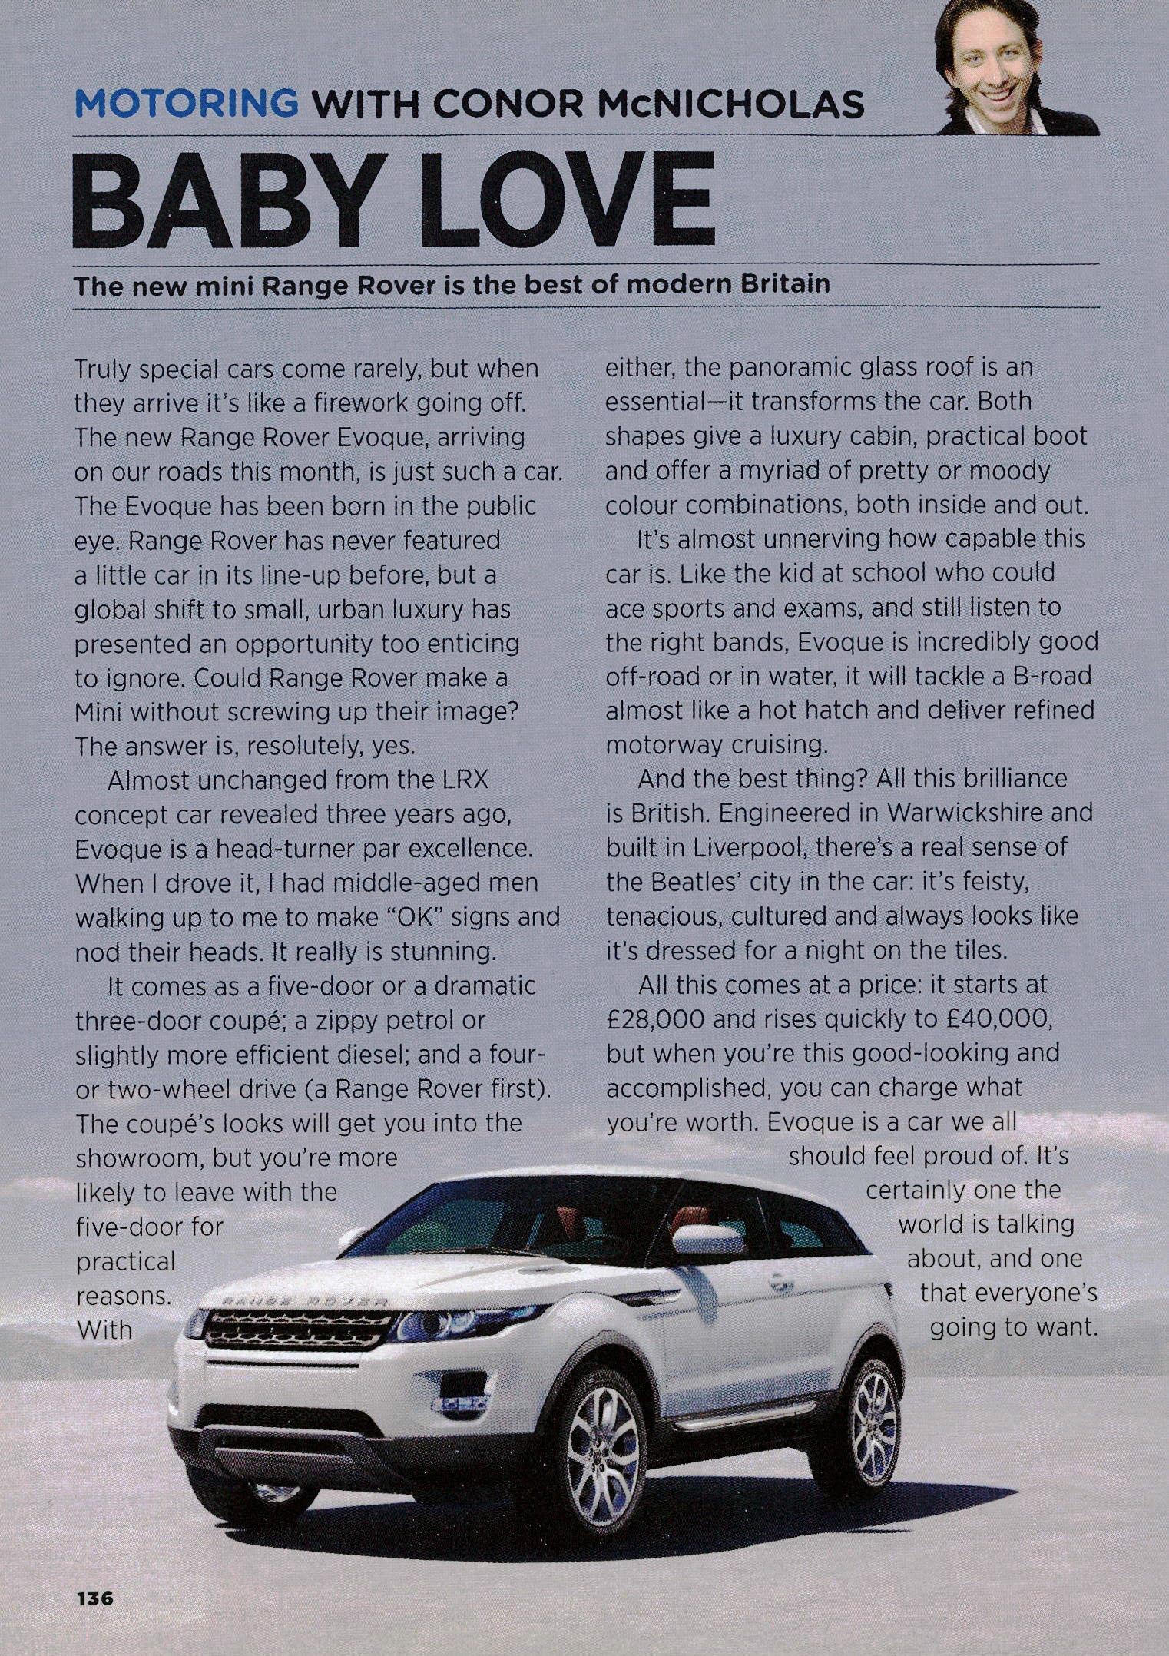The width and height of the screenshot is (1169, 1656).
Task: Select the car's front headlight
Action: coord(435,1323)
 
